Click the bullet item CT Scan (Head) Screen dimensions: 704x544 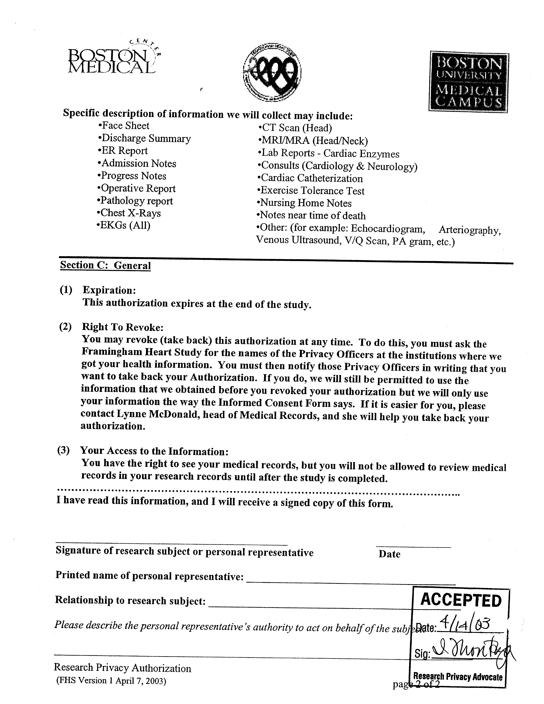[295, 128]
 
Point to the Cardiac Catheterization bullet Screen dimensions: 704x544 [310, 178]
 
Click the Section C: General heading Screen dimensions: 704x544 [106, 265]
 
